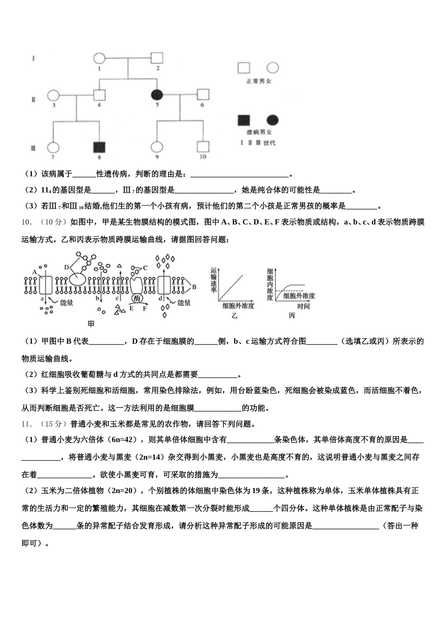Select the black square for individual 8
[x=99, y=147]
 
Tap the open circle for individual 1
[x=99, y=59]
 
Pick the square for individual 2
[x=157, y=58]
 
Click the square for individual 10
[x=203, y=147]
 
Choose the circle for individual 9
[x=157, y=147]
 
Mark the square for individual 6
[x=203, y=95]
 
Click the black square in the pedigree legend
[x=244, y=120]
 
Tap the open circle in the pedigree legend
[x=273, y=68]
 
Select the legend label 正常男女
[x=259, y=81]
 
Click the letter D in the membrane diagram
[x=67, y=267]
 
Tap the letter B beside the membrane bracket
[x=194, y=286]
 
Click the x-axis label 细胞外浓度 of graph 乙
[x=238, y=306]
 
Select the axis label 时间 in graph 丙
[x=303, y=306]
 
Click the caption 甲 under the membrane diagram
[x=91, y=323]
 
